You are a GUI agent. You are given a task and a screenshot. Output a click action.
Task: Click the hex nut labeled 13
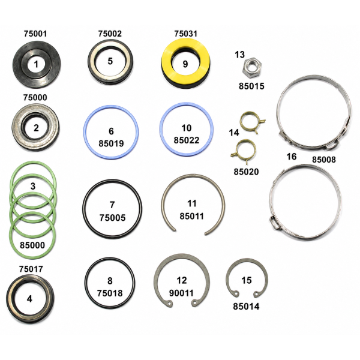point(251,67)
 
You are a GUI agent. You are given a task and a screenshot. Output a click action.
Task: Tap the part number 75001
point(35,34)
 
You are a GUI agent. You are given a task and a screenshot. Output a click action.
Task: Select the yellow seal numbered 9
point(185,64)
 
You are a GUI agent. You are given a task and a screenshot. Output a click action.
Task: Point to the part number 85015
point(251,86)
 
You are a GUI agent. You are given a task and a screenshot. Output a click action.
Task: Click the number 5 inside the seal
point(110,61)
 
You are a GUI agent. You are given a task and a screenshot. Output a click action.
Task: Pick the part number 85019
point(111,143)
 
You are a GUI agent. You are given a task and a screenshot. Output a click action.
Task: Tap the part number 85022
point(187,140)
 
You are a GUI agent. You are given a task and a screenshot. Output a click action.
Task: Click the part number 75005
point(113,218)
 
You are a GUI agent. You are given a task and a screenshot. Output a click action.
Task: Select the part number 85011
point(192,216)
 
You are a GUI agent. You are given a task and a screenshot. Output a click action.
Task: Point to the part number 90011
point(181,293)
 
